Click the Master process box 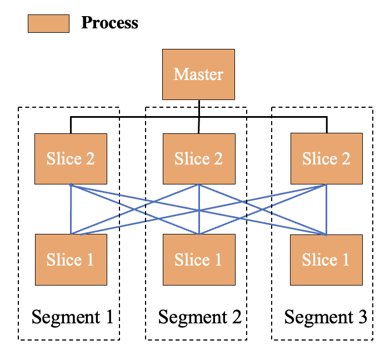point(198,74)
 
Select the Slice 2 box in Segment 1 point(71,159)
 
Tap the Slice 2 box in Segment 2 point(199,159)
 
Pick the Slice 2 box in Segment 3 point(327,158)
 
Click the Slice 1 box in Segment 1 point(71,259)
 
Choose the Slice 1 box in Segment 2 point(199,259)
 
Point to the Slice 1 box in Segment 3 point(326,260)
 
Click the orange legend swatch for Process point(48,24)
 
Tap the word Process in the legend point(109,23)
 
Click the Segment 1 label point(72,317)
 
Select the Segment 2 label point(200,317)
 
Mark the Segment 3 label point(326,317)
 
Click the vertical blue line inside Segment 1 point(71,209)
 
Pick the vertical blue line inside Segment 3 point(326,209)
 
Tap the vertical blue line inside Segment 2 point(199,209)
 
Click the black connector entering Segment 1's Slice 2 point(71,125)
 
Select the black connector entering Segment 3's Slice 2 point(327,124)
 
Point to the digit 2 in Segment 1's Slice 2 point(91,158)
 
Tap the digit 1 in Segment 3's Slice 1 point(346,259)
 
